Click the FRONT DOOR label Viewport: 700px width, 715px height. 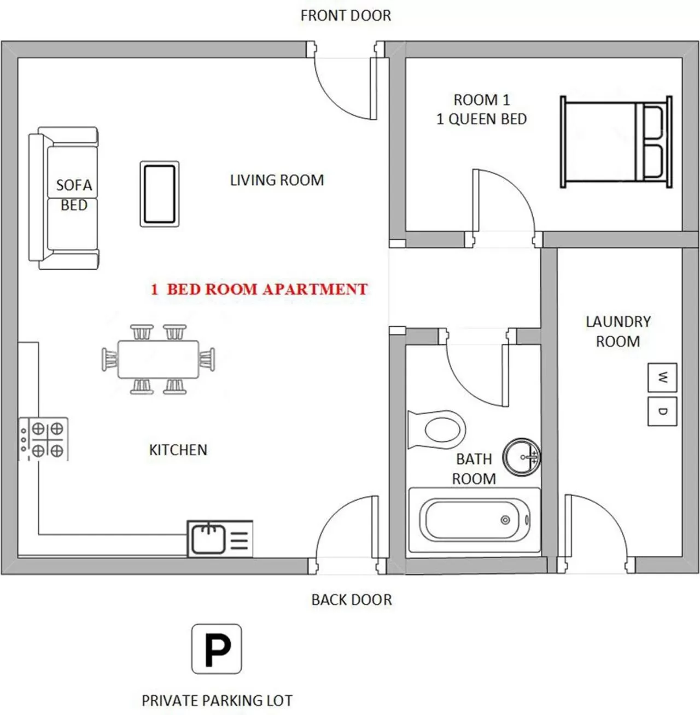(x=346, y=16)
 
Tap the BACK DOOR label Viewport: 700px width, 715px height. (x=352, y=600)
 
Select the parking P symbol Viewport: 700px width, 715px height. (x=217, y=649)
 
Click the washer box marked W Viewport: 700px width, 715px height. (x=662, y=377)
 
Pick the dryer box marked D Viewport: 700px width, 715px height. (x=662, y=411)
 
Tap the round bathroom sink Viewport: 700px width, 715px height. (x=521, y=457)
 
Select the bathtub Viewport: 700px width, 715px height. (x=474, y=520)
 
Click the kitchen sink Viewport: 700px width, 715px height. (x=208, y=538)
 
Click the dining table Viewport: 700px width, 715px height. (x=158, y=359)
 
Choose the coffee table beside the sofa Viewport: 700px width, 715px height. (x=159, y=194)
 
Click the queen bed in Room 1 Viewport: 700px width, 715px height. (x=615, y=142)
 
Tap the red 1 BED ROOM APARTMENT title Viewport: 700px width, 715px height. (x=259, y=289)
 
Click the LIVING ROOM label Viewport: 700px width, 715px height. (x=277, y=180)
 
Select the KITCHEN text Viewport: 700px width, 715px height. (x=178, y=450)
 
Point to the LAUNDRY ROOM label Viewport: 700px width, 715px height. (x=618, y=332)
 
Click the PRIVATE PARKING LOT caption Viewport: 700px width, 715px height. (x=217, y=700)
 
